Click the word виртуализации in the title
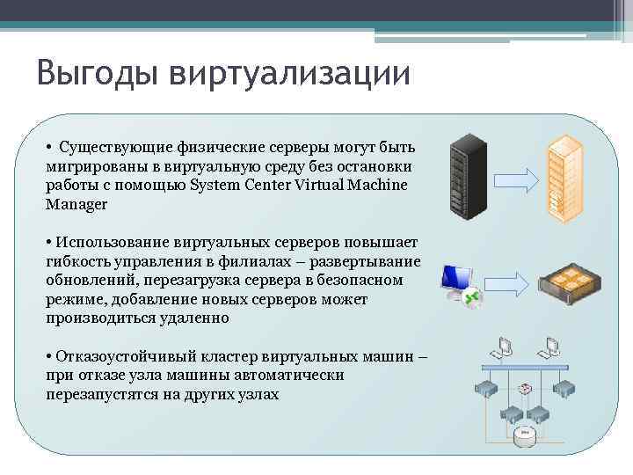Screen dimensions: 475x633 [290, 73]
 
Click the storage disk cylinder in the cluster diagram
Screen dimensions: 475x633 [526, 433]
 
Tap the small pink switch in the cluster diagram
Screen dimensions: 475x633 [526, 389]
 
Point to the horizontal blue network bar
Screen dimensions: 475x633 [527, 368]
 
